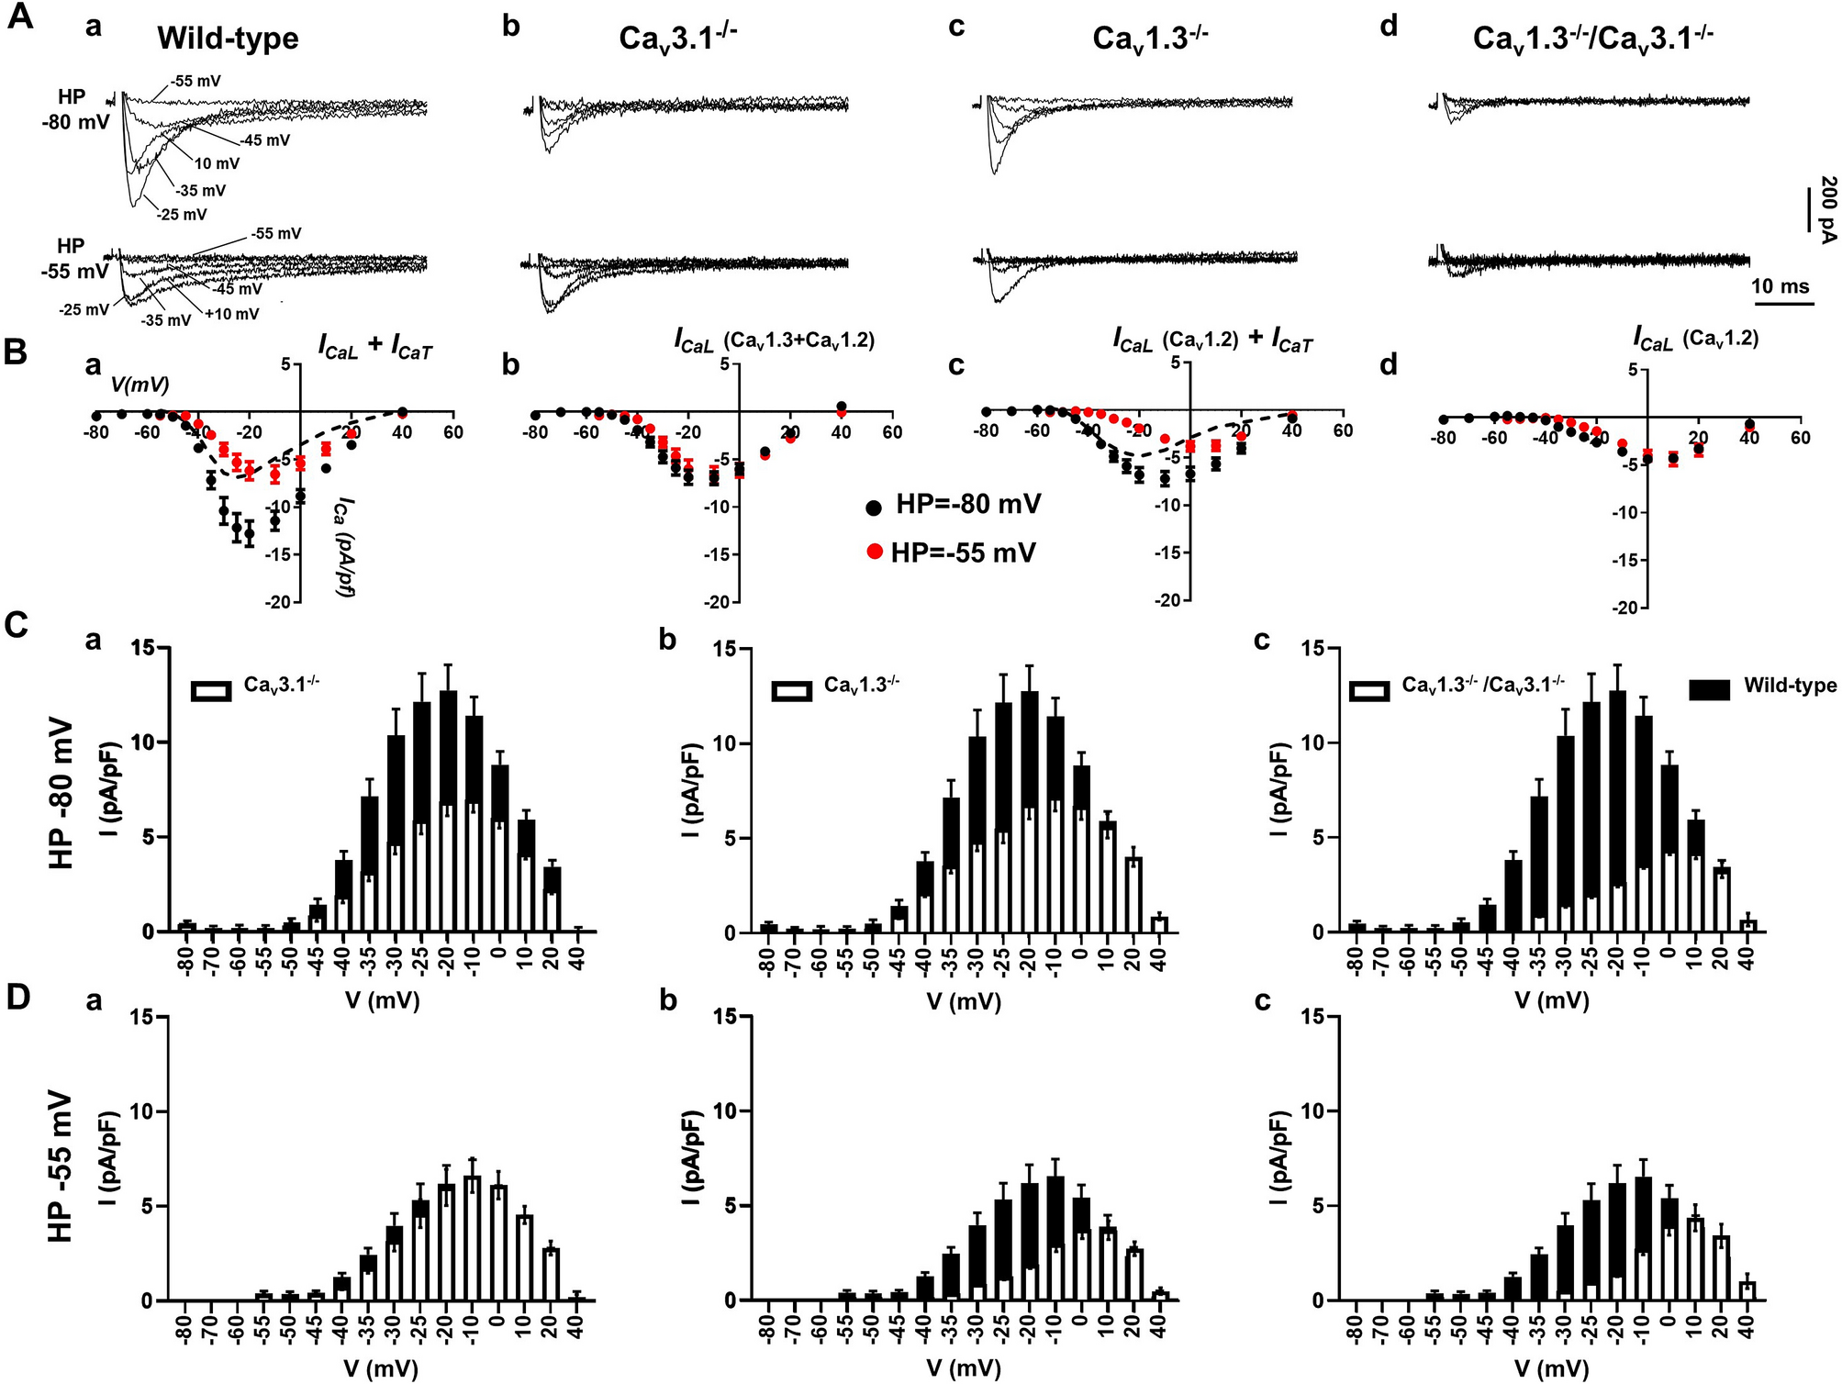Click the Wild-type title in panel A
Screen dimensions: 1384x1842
click(228, 39)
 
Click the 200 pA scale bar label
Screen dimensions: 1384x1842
click(1827, 209)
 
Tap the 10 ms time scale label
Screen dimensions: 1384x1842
click(1780, 286)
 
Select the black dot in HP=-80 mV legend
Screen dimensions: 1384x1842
click(874, 507)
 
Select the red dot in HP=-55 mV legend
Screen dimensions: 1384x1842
click(874, 552)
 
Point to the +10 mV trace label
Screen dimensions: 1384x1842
click(232, 314)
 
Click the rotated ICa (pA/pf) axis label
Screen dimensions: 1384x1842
click(344, 547)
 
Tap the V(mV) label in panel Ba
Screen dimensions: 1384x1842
click(140, 385)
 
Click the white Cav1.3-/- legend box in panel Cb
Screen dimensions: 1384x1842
click(791, 691)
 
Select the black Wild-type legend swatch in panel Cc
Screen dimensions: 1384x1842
click(1709, 688)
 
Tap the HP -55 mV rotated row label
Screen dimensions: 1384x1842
click(61, 1166)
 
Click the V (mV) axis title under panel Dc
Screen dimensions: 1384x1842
click(1551, 1368)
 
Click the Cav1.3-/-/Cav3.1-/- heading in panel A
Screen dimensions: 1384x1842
click(1592, 39)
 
